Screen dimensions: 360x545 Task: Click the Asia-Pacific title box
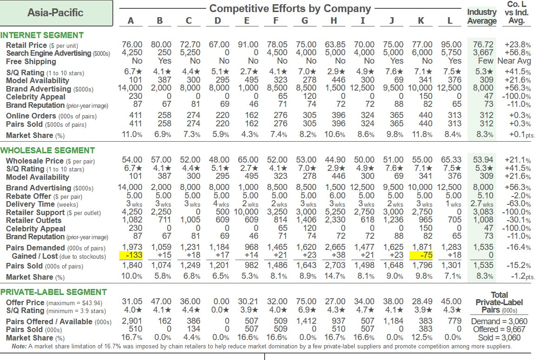56,13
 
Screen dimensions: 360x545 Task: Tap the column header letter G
305,21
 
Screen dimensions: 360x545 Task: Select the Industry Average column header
481,17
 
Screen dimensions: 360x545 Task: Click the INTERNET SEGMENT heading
42,35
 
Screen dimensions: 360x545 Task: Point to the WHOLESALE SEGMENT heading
47,151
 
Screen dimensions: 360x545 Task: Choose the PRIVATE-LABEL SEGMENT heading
54,292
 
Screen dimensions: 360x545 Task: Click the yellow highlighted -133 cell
132,256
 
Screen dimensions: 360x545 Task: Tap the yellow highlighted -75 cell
422,256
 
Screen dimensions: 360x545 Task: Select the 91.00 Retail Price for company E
247,45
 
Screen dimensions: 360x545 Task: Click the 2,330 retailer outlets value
335,220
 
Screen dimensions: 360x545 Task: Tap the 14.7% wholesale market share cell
334,277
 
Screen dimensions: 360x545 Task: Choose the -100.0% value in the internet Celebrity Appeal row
513,97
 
